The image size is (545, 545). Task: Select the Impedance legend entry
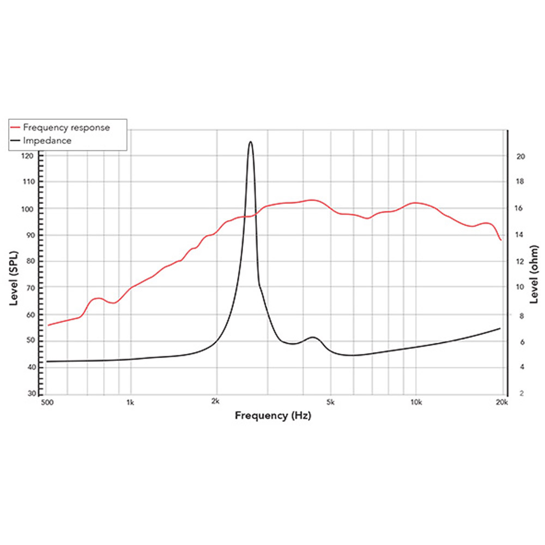pyautogui.click(x=47, y=141)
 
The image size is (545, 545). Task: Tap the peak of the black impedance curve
pyautogui.click(x=251, y=142)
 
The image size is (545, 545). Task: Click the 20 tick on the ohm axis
pyautogui.click(x=520, y=156)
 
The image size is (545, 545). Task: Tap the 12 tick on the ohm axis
pyautogui.click(x=520, y=262)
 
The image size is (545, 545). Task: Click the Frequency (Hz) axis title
pyautogui.click(x=272, y=416)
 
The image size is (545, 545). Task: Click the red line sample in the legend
pyautogui.click(x=16, y=128)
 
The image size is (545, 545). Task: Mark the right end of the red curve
pyautogui.click(x=500, y=240)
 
